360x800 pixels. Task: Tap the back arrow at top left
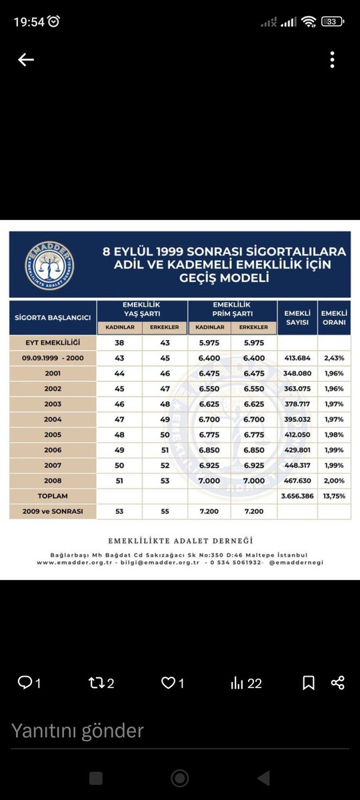pyautogui.click(x=26, y=60)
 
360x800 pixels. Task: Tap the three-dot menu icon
pyautogui.click(x=332, y=60)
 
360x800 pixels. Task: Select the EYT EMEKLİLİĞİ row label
pyautogui.click(x=53, y=343)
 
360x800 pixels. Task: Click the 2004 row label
pyautogui.click(x=53, y=419)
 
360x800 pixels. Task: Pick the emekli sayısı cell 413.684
pyautogui.click(x=297, y=358)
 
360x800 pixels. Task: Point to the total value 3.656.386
pyautogui.click(x=297, y=497)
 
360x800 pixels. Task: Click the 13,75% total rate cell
pyautogui.click(x=334, y=497)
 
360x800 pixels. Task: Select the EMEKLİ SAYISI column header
pyautogui.click(x=297, y=317)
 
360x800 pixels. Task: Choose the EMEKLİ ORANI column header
pyautogui.click(x=334, y=317)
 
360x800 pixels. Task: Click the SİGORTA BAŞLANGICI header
pyautogui.click(x=53, y=317)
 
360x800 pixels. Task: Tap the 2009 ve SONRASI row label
pyautogui.click(x=53, y=512)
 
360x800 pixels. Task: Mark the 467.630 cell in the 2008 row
pyautogui.click(x=297, y=481)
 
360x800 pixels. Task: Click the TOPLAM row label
pyautogui.click(x=53, y=497)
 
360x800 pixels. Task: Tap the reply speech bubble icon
pyautogui.click(x=25, y=683)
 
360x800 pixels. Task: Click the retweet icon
pyautogui.click(x=97, y=683)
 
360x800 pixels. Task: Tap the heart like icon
pyautogui.click(x=169, y=683)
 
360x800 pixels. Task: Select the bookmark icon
pyautogui.click(x=309, y=683)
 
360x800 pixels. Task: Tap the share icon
pyautogui.click(x=338, y=683)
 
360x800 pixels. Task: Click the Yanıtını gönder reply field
pyautogui.click(x=133, y=731)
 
